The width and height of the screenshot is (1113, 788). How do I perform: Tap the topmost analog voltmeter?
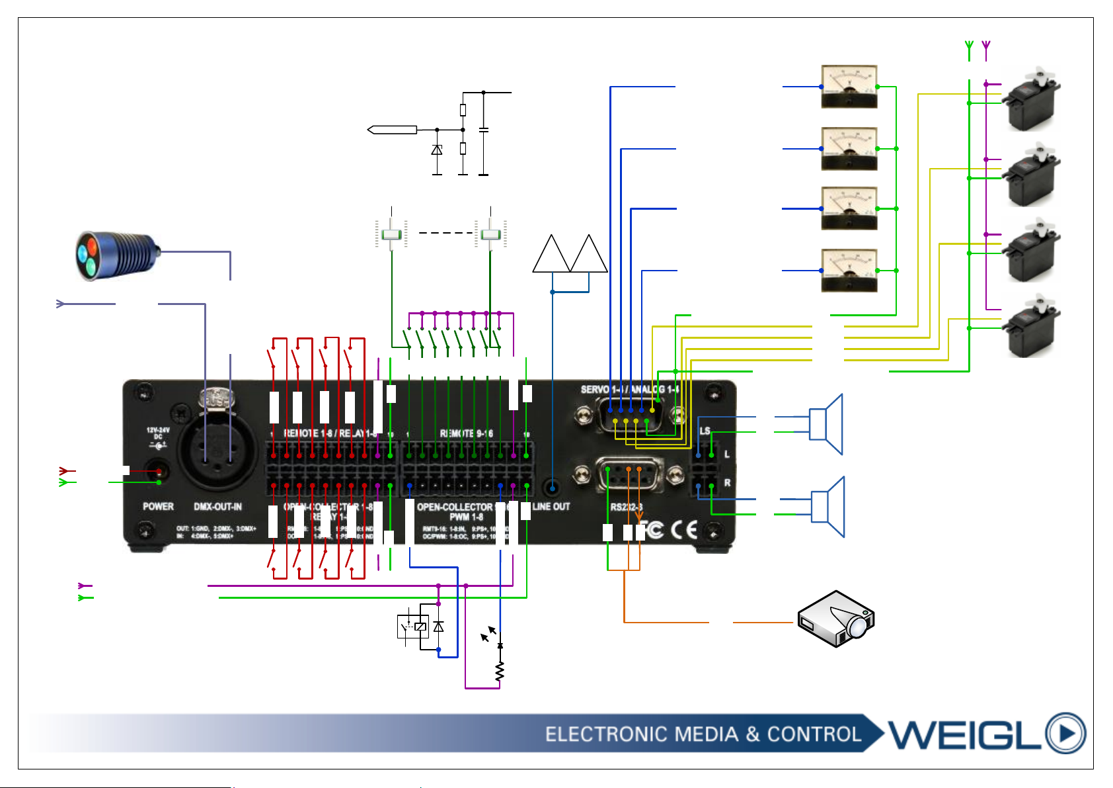(x=849, y=86)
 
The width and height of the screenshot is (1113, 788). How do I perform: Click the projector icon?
(x=836, y=619)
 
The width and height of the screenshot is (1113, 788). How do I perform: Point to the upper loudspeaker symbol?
(x=827, y=424)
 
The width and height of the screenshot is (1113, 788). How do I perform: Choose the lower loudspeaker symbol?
(x=828, y=506)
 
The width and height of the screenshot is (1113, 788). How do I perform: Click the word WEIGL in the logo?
(x=964, y=733)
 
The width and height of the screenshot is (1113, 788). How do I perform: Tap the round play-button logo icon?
(x=1065, y=733)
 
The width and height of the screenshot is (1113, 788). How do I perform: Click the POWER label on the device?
(x=158, y=507)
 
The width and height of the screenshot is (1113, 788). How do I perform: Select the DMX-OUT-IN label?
(x=217, y=507)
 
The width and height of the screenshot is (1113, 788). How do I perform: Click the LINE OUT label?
(x=551, y=507)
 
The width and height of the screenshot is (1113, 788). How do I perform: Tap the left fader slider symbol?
(x=392, y=235)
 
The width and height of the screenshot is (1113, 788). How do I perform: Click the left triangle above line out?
(x=551, y=255)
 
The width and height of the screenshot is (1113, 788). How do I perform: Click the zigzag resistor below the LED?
(x=500, y=672)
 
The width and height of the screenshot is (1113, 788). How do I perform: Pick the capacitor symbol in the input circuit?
(x=484, y=130)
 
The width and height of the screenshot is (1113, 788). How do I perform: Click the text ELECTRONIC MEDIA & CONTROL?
(x=703, y=734)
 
